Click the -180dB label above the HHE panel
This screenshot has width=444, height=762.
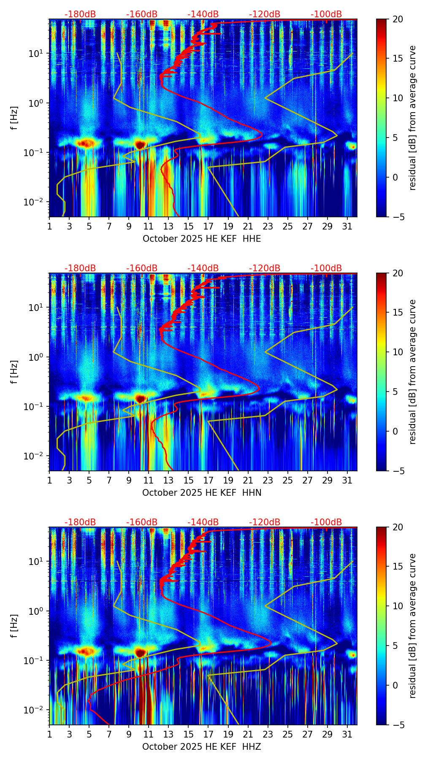[x=80, y=14]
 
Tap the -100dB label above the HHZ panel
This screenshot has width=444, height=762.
[x=326, y=522]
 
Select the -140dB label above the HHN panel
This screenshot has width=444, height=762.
[x=203, y=268]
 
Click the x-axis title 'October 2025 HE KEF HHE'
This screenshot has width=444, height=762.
[x=202, y=239]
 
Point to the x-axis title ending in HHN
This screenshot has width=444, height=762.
[x=202, y=493]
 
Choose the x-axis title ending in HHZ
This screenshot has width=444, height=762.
[x=202, y=747]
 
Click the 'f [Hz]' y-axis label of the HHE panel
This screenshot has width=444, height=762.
[x=15, y=118]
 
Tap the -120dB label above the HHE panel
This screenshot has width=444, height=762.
[x=265, y=14]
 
